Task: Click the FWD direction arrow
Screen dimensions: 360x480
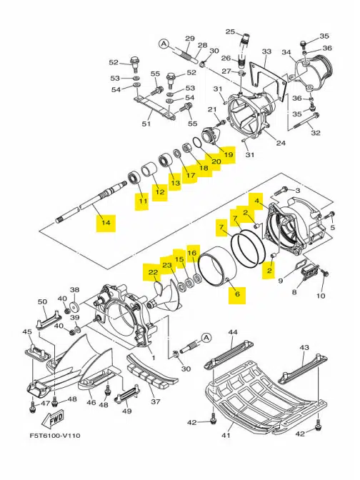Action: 54,419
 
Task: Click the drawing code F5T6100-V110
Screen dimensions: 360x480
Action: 55,435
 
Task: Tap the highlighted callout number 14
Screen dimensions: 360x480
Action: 106,222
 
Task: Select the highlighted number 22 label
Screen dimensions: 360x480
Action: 153,272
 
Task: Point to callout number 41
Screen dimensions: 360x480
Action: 226,435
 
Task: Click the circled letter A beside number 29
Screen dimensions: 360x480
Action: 164,44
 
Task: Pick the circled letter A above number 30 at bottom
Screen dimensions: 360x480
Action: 206,338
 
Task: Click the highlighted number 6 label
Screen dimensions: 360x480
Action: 237,294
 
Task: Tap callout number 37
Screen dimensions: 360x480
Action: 156,401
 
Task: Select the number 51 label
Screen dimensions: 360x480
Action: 146,124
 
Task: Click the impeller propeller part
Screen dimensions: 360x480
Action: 167,296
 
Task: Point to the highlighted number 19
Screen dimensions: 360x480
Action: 229,154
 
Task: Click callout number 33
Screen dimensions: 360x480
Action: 266,51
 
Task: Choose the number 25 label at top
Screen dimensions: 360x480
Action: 230,31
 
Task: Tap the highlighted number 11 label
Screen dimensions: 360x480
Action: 143,201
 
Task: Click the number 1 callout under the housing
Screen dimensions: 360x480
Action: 154,358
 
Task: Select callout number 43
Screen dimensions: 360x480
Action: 304,347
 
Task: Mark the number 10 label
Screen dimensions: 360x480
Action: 321,296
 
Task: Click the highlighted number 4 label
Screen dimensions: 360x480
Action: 257,201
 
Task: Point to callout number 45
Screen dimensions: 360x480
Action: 28,332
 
